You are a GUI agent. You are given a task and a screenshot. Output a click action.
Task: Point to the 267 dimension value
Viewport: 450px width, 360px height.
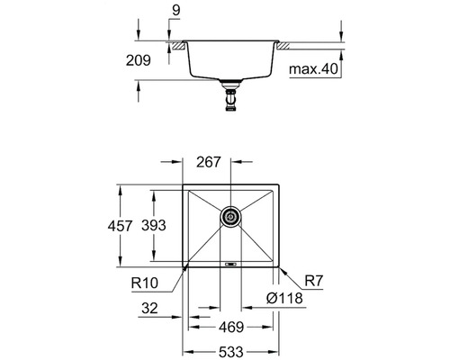[x=209, y=163]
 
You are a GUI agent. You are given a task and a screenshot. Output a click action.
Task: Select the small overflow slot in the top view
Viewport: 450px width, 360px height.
[x=230, y=265]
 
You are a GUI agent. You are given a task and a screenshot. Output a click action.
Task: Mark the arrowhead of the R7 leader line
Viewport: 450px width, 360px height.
[x=282, y=269]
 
